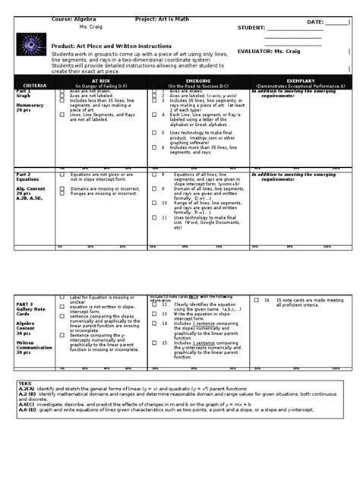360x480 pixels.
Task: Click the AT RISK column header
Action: [100, 81]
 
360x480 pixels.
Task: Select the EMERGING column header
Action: [198, 81]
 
